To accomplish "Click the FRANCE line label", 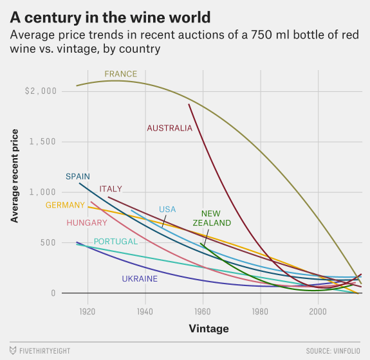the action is pos(120,74).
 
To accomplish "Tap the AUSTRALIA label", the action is pos(170,129).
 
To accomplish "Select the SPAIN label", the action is pos(78,176).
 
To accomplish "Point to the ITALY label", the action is pos(111,189).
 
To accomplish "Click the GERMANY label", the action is pos(65,205).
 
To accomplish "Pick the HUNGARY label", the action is pos(87,223).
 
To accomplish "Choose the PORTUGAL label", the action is pos(116,242).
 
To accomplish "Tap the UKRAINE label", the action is pos(140,279).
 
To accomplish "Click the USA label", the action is pos(167,210).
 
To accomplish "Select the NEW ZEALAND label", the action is pos(212,219).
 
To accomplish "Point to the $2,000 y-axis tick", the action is pos(41,91).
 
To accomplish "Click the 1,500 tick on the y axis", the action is pos(42,141).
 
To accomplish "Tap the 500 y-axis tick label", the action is pos(48,242).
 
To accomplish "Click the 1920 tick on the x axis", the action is pos(88,312).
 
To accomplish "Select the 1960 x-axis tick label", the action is pos(203,312).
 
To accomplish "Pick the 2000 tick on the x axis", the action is pos(318,312).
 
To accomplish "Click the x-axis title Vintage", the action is pos(209,328).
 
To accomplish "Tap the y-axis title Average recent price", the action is pos(15,176).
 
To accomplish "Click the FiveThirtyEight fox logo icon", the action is pos(13,350).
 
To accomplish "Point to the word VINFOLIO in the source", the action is pos(346,351).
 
